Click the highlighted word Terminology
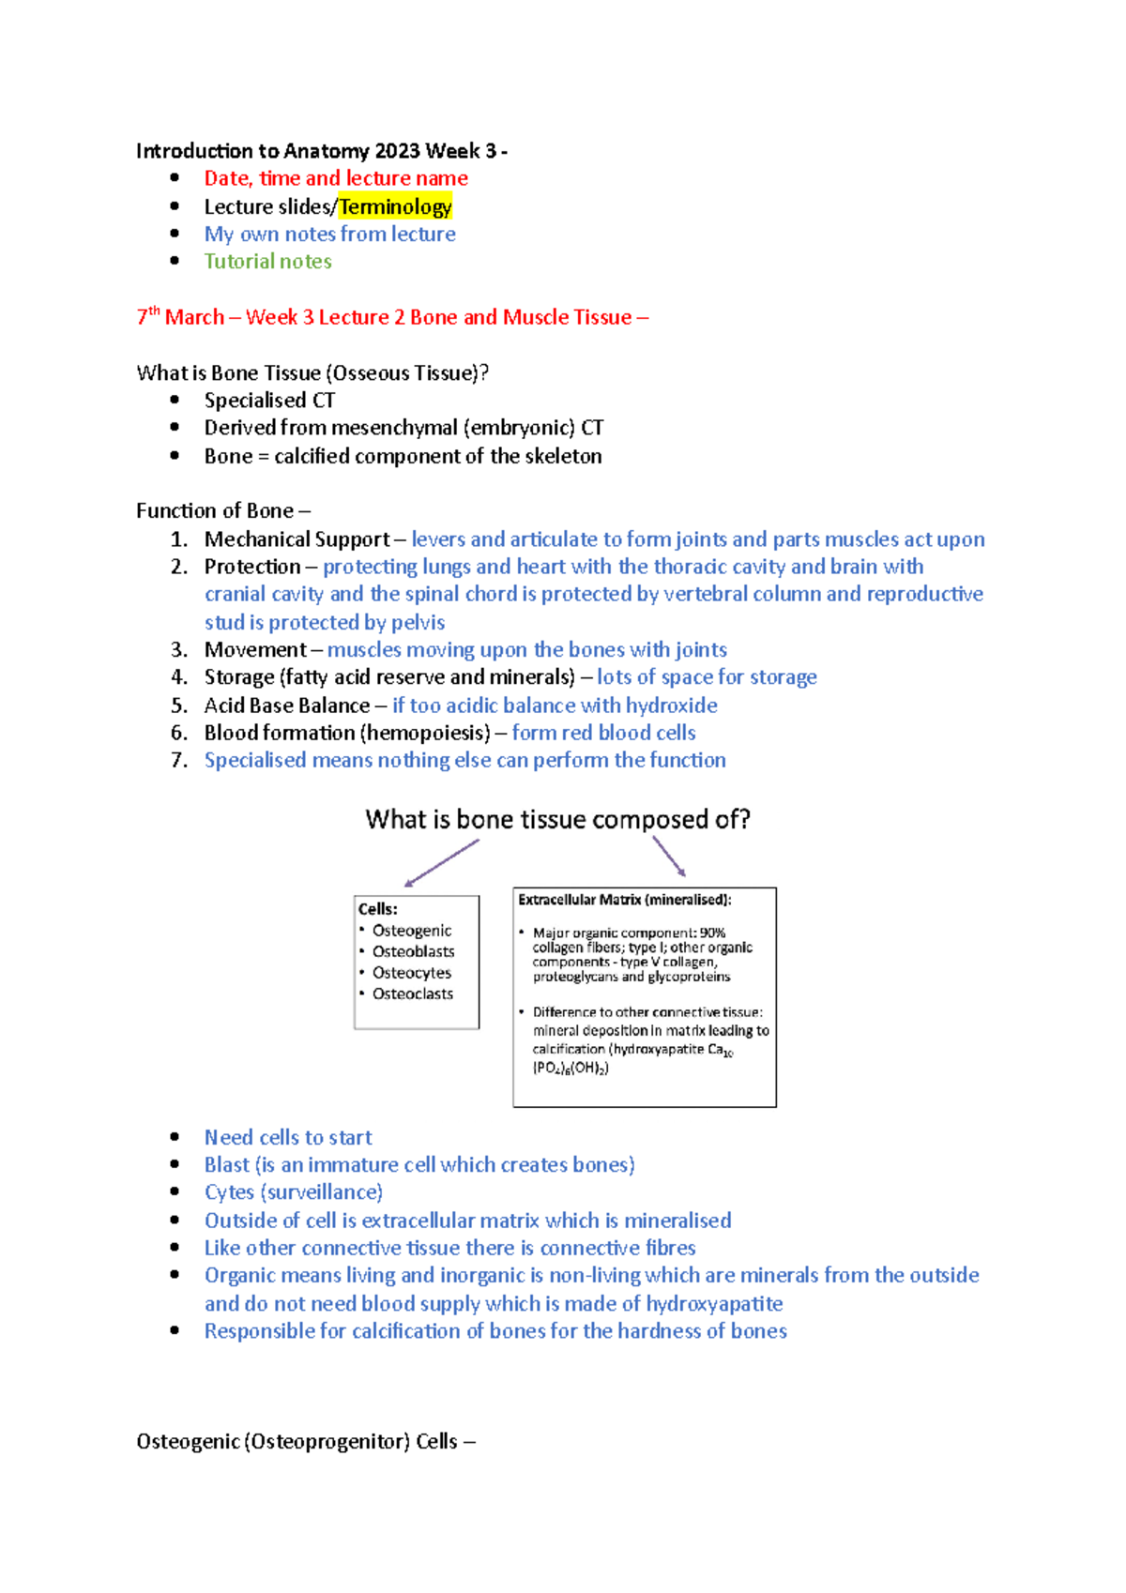pos(395,206)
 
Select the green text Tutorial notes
pos(267,262)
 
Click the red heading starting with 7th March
pos(392,317)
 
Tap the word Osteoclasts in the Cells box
pos(412,994)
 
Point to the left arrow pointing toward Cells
pos(441,862)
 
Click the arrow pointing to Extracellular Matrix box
pos(668,856)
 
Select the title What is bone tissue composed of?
pos(557,819)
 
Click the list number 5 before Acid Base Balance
pos(179,705)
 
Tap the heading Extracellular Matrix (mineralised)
pos(624,900)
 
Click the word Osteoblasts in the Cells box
pos(413,951)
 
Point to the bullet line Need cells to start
pos(288,1137)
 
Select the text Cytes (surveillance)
pos(294,1192)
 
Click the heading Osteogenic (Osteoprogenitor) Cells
pos(305,1441)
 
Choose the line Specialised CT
pos(269,401)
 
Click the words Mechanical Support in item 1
pos(297,539)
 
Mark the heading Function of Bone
pos(222,510)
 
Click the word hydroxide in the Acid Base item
pos(671,705)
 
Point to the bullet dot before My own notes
pos(175,234)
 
